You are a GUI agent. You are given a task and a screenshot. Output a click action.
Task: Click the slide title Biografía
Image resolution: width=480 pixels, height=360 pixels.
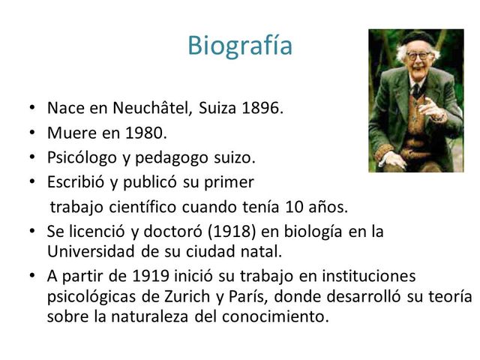pos(240,46)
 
